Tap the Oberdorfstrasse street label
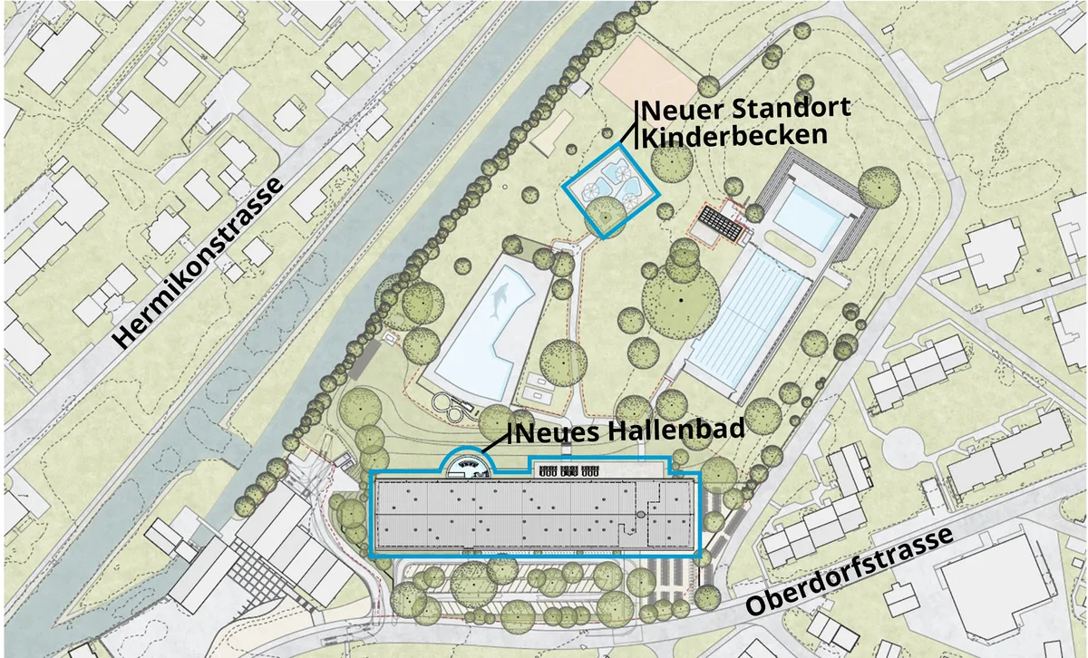850,572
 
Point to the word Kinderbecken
735,136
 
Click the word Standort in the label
788,109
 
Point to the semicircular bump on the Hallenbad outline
469,464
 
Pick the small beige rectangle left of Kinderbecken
553,134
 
